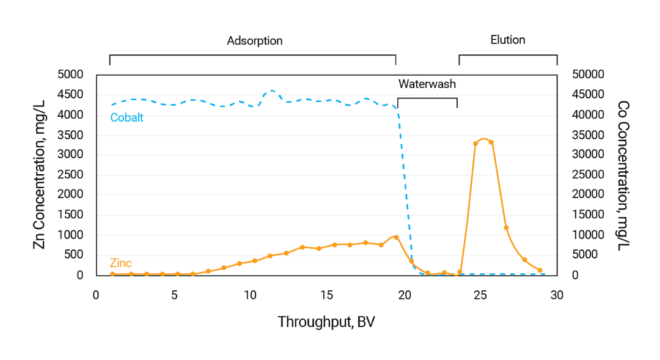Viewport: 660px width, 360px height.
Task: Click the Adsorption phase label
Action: click(x=255, y=41)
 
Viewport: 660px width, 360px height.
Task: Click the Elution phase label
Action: click(x=508, y=40)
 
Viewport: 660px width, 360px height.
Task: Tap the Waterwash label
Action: click(x=427, y=84)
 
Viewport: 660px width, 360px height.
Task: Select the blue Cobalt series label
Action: click(x=127, y=117)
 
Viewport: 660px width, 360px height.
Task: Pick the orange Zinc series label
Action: click(x=120, y=263)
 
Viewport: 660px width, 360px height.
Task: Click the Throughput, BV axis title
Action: click(x=326, y=322)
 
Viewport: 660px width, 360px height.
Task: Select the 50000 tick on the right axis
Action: click(x=588, y=75)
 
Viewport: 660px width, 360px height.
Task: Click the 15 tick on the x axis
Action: click(x=327, y=295)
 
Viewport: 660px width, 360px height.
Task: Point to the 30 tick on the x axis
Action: click(x=557, y=295)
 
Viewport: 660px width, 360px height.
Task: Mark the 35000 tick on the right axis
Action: click(x=588, y=134)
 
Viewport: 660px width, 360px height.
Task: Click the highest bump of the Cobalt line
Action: click(x=271, y=90)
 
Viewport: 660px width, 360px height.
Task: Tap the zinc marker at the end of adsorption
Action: click(x=396, y=237)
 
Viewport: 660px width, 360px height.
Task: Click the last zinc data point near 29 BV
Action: click(x=540, y=270)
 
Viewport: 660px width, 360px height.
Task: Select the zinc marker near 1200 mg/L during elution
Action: click(x=506, y=227)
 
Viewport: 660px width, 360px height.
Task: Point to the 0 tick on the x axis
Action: click(x=96, y=295)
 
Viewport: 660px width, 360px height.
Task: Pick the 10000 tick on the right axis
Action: click(x=588, y=235)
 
